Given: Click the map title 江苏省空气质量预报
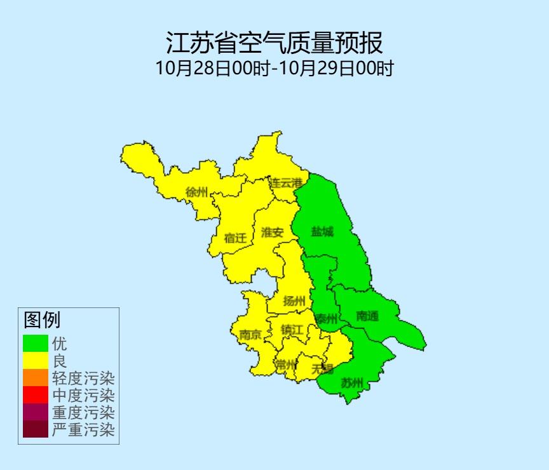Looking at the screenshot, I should (274, 43).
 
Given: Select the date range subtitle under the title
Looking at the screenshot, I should (274, 68).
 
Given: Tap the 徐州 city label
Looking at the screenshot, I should (196, 192).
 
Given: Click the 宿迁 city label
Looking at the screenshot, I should (234, 238).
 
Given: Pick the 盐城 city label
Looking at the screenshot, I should (322, 232).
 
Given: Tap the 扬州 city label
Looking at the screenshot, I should (294, 301).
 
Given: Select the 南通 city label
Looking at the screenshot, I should (367, 316).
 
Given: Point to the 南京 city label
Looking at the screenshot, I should (250, 335).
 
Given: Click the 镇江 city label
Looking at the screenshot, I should (292, 330).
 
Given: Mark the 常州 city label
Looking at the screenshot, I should (286, 365).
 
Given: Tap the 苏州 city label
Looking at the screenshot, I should (351, 383).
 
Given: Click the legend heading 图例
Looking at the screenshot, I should (42, 319).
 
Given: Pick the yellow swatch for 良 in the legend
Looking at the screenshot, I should (36, 361).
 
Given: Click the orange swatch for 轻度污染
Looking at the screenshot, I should (36, 378).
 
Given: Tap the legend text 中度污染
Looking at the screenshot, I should (83, 396).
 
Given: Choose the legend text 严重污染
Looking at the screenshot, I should (83, 430).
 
